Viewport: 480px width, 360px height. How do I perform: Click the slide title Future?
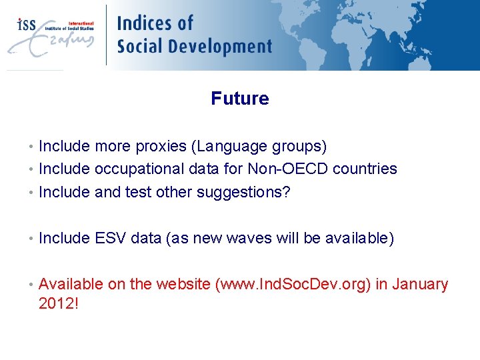240,99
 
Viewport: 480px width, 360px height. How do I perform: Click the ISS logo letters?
27,25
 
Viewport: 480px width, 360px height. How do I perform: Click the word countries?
365,169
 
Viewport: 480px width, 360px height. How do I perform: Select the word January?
420,285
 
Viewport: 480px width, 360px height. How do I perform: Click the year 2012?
59,304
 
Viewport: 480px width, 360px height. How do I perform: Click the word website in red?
183,285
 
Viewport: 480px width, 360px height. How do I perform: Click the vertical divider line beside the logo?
106,35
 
